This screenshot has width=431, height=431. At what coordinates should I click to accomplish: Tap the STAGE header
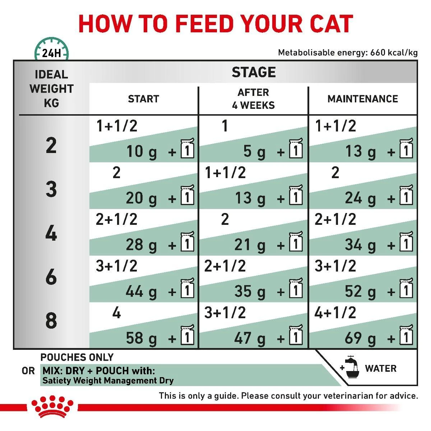(254, 72)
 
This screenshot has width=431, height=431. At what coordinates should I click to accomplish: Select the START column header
(144, 99)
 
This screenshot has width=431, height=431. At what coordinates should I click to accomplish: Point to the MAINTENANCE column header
(362, 99)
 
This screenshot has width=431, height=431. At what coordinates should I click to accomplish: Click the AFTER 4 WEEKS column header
(254, 99)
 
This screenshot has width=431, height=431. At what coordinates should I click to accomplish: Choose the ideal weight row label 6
(51, 277)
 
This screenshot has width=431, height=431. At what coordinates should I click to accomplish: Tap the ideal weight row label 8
(51, 320)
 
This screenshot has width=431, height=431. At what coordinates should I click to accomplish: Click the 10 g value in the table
(142, 152)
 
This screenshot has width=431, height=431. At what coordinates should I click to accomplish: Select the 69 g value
(360, 338)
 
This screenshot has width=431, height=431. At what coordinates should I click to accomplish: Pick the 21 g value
(250, 245)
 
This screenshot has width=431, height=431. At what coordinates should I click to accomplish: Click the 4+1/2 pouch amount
(335, 312)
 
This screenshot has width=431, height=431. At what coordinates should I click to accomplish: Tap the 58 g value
(142, 338)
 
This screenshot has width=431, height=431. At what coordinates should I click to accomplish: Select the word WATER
(381, 369)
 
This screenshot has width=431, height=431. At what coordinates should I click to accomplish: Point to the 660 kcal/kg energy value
(394, 53)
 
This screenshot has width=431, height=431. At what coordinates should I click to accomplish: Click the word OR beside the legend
(28, 371)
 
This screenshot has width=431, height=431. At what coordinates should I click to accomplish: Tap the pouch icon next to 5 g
(296, 149)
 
